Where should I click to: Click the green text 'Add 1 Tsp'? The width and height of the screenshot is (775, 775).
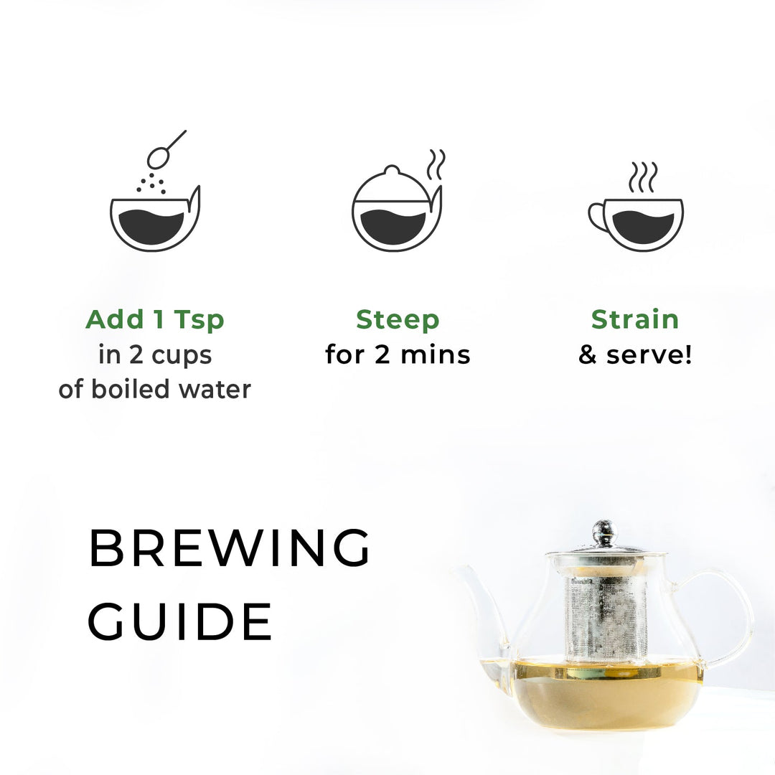tap(154, 319)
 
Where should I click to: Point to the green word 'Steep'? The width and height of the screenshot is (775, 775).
tap(398, 319)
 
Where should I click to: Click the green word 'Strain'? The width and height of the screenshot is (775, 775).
tap(634, 319)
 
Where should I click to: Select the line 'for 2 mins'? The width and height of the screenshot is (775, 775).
tap(398, 354)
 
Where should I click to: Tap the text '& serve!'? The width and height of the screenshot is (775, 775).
tap(635, 354)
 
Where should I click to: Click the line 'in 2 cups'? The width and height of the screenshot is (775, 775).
tap(154, 354)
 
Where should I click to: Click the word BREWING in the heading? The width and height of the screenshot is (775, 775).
tap(230, 548)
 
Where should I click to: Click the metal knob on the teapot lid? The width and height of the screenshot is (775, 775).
tap(605, 532)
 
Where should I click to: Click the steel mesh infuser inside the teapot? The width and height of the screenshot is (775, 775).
tap(605, 617)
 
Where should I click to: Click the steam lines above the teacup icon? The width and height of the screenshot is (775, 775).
tap(642, 177)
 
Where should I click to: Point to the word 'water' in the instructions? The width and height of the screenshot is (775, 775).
tap(215, 390)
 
